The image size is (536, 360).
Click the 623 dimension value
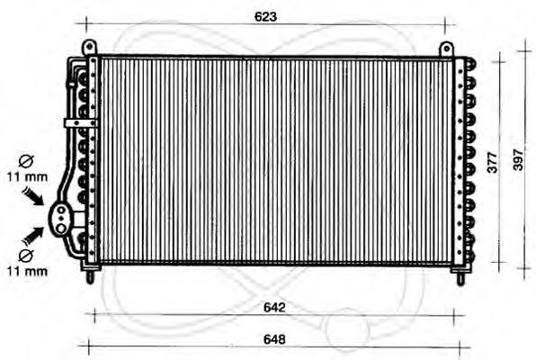tap(265, 17)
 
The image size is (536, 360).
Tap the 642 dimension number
tap(274, 307)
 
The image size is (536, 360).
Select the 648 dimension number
tap(274, 339)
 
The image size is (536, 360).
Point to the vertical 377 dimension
tap(492, 162)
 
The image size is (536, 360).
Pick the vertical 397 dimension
tap(518, 160)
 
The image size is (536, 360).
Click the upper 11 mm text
tap(27, 177)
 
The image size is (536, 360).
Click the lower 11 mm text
tap(27, 272)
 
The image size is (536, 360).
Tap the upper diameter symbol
tap(26, 161)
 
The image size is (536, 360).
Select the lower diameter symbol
tap(26, 256)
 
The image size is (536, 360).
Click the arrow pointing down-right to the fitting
tap(33, 195)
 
